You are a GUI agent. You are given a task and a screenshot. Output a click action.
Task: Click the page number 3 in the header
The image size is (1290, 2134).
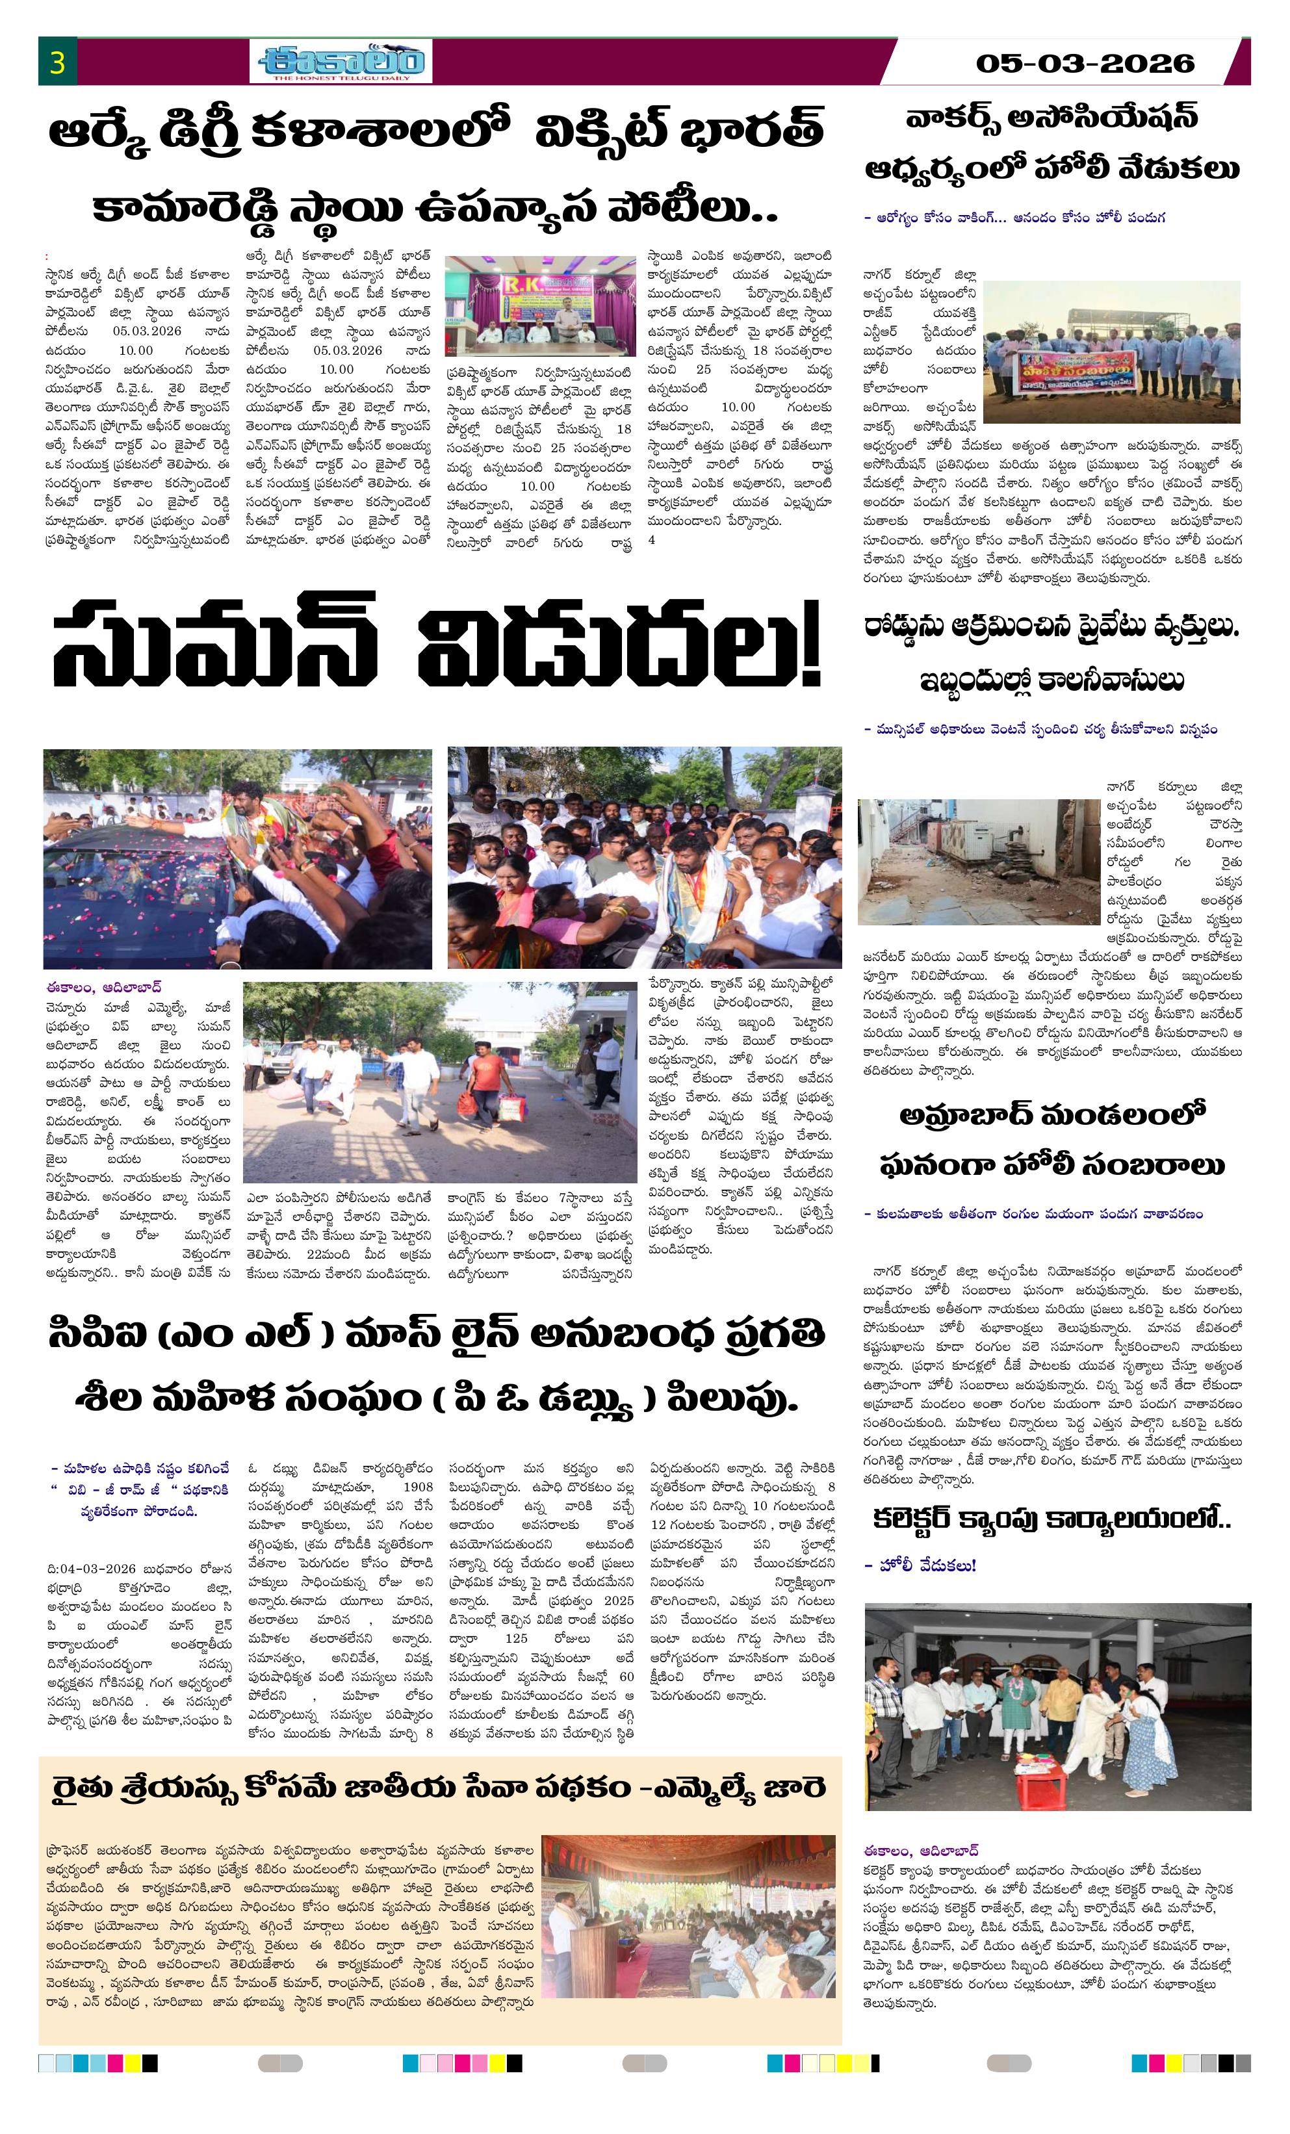(x=57, y=62)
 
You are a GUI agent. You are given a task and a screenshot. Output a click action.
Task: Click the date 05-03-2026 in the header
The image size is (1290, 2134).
(x=1084, y=63)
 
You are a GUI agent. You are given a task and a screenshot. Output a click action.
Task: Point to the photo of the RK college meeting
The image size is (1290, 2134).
(x=540, y=305)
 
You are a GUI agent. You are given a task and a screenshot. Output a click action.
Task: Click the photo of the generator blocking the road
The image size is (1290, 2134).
(x=978, y=861)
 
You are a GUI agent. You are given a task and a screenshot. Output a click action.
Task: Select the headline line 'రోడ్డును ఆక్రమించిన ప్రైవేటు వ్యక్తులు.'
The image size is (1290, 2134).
(x=1051, y=628)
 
